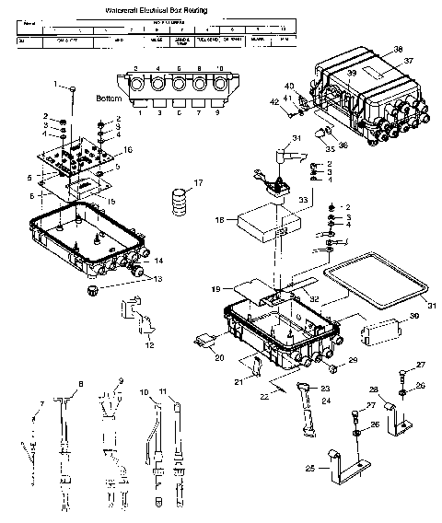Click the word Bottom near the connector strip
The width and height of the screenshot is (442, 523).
click(108, 97)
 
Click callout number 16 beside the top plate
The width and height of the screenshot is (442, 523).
click(128, 149)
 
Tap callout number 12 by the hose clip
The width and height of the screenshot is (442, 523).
click(150, 345)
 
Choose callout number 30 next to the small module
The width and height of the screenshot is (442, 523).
click(413, 316)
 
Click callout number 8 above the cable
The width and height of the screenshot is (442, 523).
click(81, 382)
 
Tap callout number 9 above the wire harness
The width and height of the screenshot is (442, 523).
click(120, 381)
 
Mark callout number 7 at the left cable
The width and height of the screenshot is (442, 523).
click(41, 403)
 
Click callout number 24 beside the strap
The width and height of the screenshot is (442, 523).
click(326, 400)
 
